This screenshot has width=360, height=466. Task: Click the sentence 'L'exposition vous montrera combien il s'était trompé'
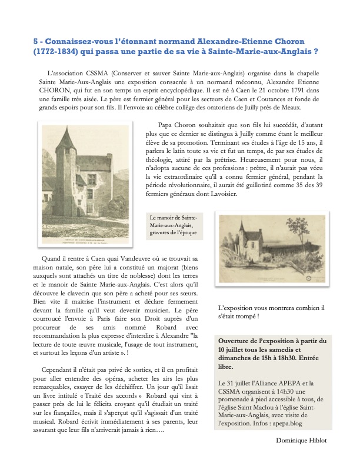(271, 311)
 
